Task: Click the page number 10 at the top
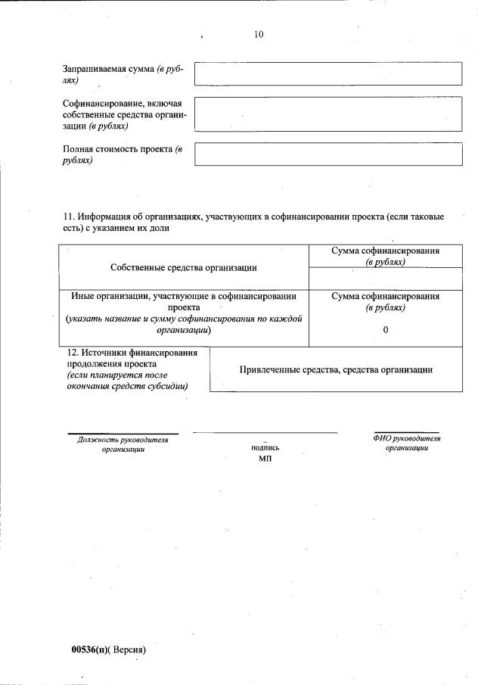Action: pyautogui.click(x=259, y=34)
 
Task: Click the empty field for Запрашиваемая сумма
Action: pyautogui.click(x=327, y=74)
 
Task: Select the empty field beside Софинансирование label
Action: pyautogui.click(x=327, y=114)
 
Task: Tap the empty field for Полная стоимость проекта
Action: pyautogui.click(x=327, y=154)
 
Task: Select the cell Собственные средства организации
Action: pyautogui.click(x=183, y=267)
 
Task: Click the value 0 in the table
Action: pyautogui.click(x=386, y=329)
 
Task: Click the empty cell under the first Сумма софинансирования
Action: pyautogui.click(x=386, y=278)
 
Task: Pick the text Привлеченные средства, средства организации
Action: pyautogui.click(x=336, y=369)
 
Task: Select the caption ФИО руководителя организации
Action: pyautogui.click(x=406, y=443)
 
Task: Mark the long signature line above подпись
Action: pyautogui.click(x=265, y=433)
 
